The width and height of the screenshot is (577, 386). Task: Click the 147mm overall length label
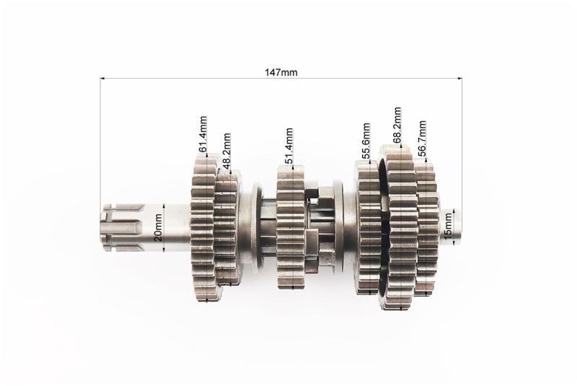click(281, 72)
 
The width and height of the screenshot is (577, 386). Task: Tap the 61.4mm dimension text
click(203, 134)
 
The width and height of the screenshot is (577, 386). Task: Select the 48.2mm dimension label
click(226, 151)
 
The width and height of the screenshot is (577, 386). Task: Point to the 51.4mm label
click(289, 146)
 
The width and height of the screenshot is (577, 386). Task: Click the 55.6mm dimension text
click(366, 141)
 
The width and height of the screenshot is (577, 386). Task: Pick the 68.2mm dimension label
click(397, 125)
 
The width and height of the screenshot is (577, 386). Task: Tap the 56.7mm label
click(422, 139)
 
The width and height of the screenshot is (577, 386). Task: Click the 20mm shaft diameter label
click(158, 227)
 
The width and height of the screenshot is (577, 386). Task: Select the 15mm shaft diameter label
click(448, 227)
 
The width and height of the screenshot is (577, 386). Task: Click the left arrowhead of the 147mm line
click(102, 78)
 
